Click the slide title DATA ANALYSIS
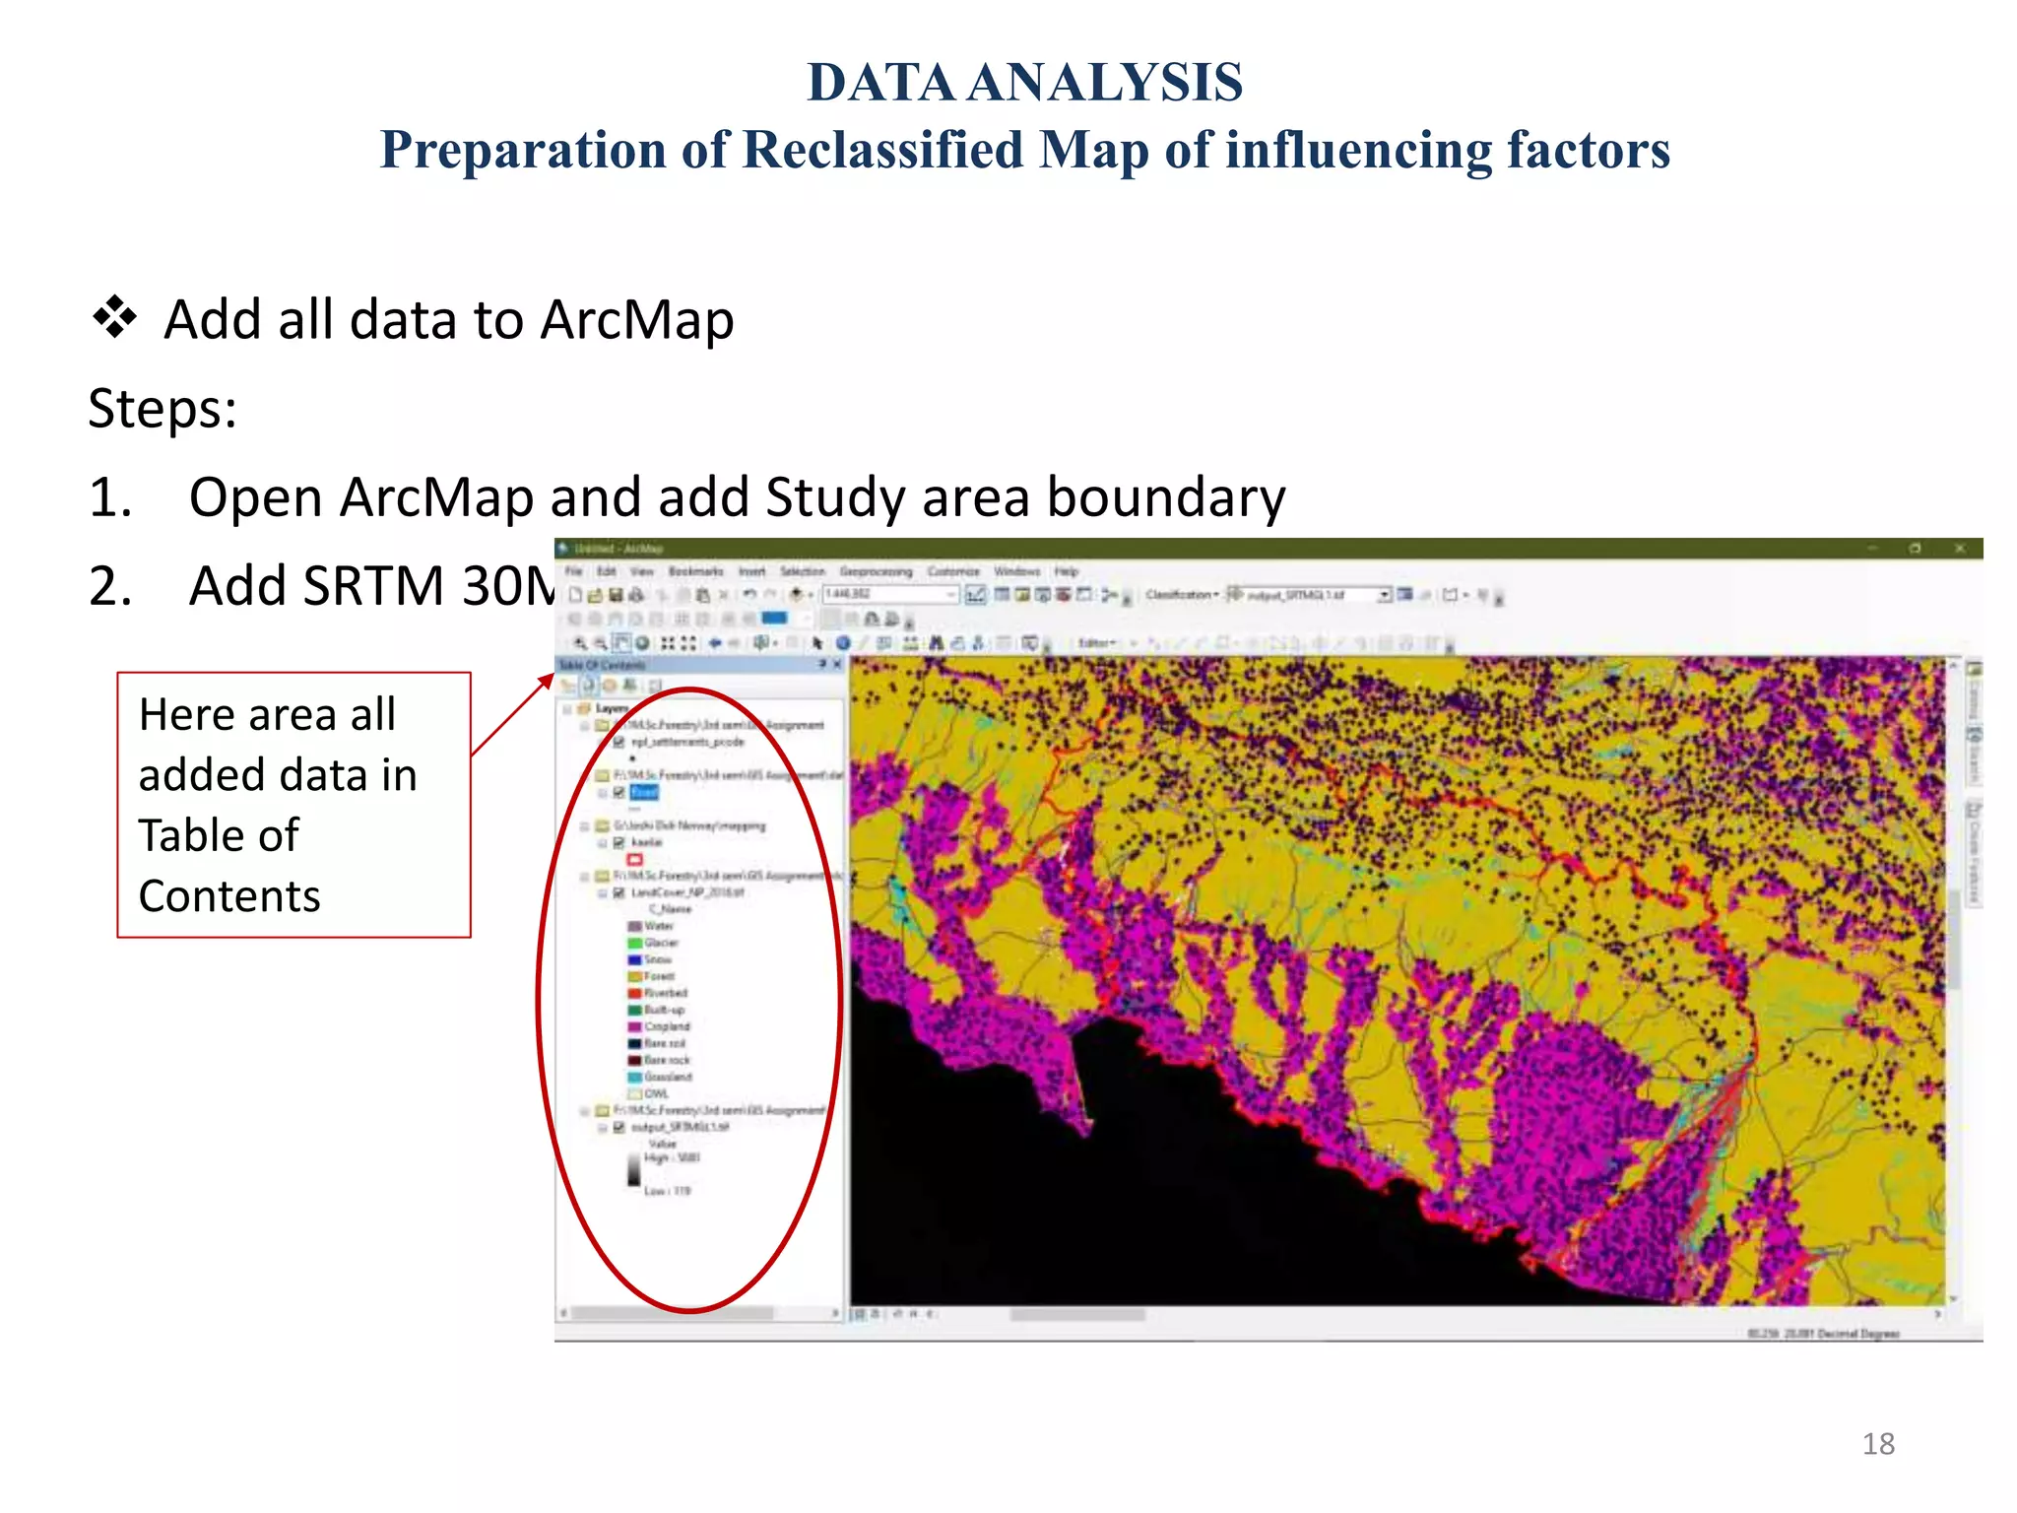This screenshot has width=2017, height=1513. (1024, 83)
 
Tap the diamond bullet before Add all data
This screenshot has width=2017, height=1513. (114, 318)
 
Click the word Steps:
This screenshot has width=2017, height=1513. (163, 409)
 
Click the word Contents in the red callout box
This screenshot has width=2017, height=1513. (228, 896)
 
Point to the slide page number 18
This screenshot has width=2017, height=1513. (1877, 1444)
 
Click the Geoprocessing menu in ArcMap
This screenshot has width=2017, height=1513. (875, 571)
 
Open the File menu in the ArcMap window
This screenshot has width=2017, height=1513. (573, 571)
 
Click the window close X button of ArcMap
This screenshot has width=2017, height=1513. (1959, 549)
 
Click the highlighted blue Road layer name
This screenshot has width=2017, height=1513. (643, 793)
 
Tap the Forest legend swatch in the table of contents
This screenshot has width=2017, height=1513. (635, 976)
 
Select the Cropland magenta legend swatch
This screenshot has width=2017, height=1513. (635, 1026)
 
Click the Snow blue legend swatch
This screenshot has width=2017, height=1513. (635, 959)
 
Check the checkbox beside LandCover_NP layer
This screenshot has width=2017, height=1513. (618, 893)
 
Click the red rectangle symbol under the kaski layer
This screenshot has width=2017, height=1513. (635, 860)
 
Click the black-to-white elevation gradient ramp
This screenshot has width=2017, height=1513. (633, 1169)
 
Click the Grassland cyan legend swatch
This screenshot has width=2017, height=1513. (635, 1077)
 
